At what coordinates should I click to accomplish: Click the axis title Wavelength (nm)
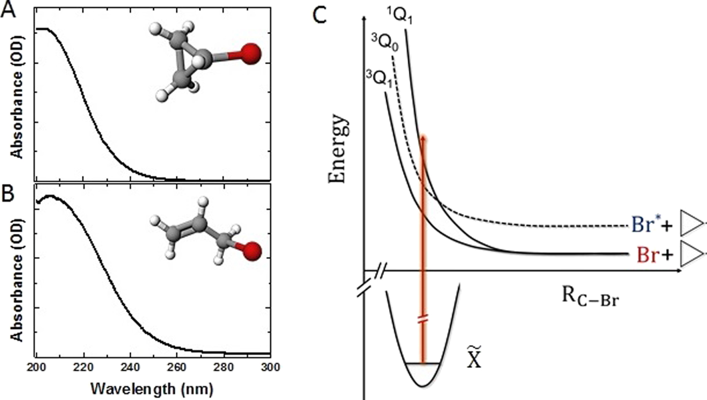pos(154,388)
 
